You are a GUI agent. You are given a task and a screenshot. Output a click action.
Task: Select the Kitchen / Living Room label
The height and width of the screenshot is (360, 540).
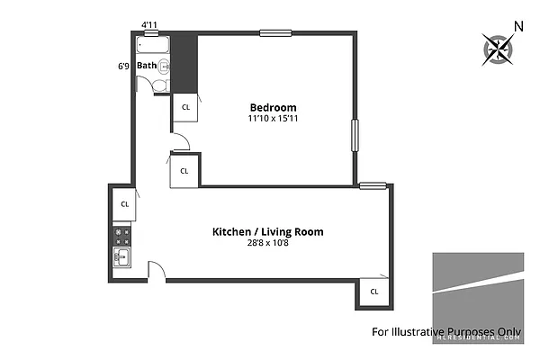267,231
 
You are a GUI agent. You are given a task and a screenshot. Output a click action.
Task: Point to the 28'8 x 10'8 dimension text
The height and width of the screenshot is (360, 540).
267,243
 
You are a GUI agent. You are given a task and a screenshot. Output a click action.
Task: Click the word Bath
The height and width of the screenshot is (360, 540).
147,65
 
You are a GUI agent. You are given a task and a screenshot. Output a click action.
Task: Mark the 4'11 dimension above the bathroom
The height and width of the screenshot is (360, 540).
151,25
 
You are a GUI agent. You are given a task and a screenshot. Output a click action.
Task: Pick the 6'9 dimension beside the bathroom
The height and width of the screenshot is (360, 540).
123,65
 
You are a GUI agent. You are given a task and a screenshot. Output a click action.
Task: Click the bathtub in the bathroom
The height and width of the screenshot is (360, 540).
152,43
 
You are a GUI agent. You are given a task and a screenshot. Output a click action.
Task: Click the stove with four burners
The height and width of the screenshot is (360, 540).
123,237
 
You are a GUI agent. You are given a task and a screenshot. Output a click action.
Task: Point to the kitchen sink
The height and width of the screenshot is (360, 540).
122,259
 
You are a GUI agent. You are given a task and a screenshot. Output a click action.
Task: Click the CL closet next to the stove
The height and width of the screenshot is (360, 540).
124,203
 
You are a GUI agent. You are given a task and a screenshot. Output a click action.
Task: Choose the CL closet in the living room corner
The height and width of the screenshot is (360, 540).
373,291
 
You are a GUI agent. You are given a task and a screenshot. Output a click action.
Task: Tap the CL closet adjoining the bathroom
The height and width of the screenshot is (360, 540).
185,107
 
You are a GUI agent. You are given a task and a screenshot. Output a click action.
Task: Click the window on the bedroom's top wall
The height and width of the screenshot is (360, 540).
275,33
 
